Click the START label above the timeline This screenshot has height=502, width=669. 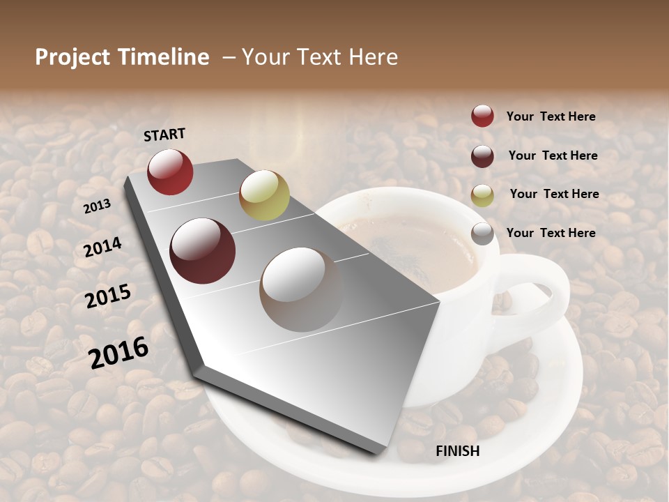[x=164, y=135]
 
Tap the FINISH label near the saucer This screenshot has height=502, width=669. [x=458, y=451]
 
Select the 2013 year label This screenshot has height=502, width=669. [x=98, y=206]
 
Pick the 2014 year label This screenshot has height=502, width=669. [x=103, y=247]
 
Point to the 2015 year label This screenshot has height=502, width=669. [x=108, y=296]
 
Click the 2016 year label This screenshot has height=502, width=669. [x=118, y=353]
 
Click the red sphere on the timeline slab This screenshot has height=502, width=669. [x=170, y=172]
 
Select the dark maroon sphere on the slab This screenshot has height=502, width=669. [x=203, y=251]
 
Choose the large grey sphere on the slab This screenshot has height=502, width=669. [x=301, y=289]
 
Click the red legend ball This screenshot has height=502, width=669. [x=482, y=116]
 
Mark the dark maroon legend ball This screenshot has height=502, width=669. [x=482, y=156]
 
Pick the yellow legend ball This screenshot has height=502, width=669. [x=482, y=195]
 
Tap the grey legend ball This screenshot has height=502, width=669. [x=482, y=234]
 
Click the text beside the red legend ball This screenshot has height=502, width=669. [x=551, y=117]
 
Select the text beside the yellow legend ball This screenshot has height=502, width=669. [x=554, y=194]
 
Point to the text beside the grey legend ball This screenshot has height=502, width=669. [x=551, y=233]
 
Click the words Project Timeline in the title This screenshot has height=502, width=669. [x=122, y=57]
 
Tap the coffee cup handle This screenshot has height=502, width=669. [x=544, y=293]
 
